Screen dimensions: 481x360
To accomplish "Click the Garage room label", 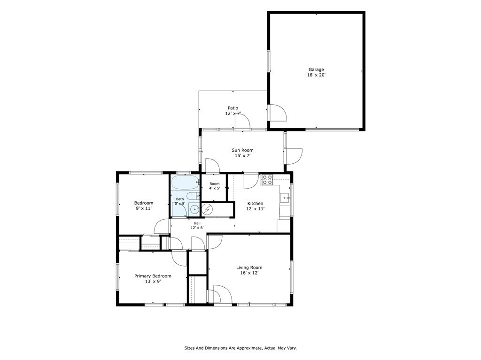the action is (316, 69).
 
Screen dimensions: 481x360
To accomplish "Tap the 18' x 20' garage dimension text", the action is (316, 75).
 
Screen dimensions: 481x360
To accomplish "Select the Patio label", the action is (233, 108).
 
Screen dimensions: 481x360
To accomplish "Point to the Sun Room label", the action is (242, 150).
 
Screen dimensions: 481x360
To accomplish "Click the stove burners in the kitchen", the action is (267, 180).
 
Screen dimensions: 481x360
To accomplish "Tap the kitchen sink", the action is (285, 198).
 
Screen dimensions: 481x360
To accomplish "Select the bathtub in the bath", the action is (186, 183).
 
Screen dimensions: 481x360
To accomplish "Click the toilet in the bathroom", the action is (193, 196).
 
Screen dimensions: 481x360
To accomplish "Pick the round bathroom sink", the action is (194, 210).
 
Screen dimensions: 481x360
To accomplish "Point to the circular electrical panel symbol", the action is (207, 209).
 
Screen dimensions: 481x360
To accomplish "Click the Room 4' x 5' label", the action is (214, 186).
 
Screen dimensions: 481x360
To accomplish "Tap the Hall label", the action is (197, 223).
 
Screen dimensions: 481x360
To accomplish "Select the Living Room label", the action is (249, 268).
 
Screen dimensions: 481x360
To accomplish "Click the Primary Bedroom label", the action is (153, 276).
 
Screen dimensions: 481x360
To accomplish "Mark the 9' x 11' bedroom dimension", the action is (144, 208).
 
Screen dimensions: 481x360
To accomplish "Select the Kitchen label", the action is (255, 203).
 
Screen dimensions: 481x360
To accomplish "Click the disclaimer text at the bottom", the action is (240, 348).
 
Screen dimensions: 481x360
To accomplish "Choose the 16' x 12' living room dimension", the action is (249, 273).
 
